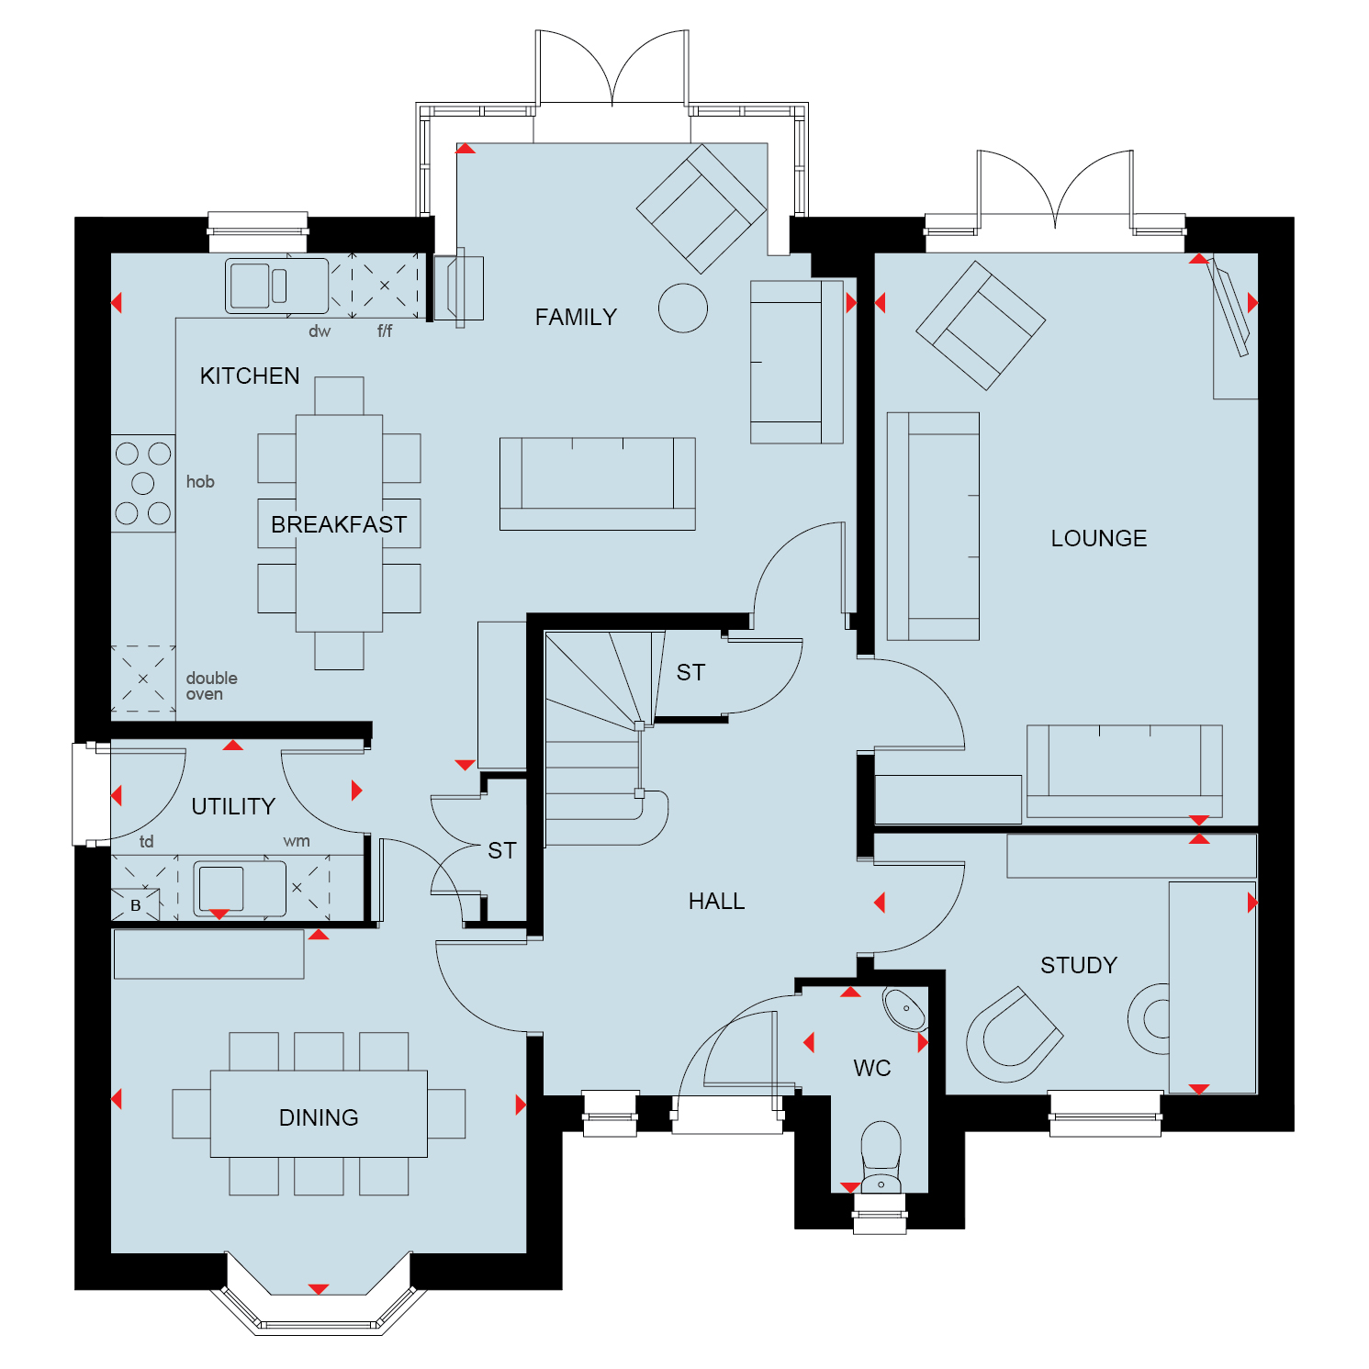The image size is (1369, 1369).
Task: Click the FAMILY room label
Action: (x=576, y=317)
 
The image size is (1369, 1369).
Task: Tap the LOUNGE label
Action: (x=1098, y=538)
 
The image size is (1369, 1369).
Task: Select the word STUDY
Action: (x=1079, y=965)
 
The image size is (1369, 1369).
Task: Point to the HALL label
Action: (x=716, y=902)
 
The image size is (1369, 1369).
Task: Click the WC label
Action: (x=872, y=1068)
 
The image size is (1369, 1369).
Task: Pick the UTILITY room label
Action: (x=233, y=806)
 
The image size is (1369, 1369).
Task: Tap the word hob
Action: (x=200, y=481)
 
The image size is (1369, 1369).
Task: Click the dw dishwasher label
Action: (x=320, y=331)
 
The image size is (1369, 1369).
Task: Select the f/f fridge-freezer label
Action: (x=385, y=331)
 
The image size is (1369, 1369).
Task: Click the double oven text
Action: (x=211, y=686)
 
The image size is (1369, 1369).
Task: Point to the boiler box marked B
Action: (x=135, y=904)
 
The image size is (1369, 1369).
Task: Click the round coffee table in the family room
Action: (x=683, y=308)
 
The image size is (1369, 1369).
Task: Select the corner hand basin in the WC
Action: (x=904, y=1009)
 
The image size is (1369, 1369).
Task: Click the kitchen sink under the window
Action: (x=276, y=286)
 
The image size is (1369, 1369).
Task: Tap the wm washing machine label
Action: (x=297, y=841)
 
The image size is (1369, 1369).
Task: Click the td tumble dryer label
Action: (x=147, y=841)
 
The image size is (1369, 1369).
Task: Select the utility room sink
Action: (x=240, y=888)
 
